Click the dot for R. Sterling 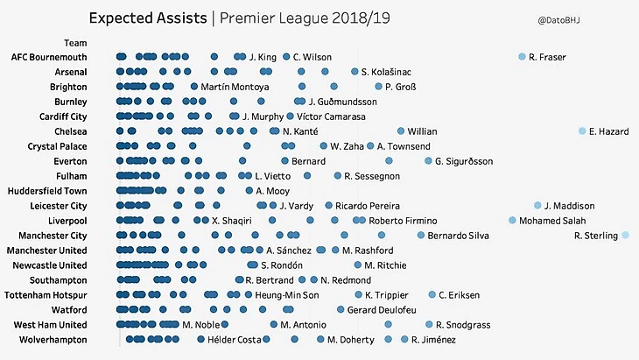click(626, 236)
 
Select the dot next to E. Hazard click(582, 131)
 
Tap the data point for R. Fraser click(523, 57)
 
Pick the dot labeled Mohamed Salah click(512, 221)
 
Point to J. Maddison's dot click(537, 206)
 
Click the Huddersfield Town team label click(47, 191)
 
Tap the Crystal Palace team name click(58, 146)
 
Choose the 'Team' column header click(75, 43)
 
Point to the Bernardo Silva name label click(460, 236)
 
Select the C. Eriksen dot click(432, 295)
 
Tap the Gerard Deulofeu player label click(382, 310)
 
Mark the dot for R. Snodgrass click(428, 325)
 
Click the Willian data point click(401, 131)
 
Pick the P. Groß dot click(378, 87)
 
